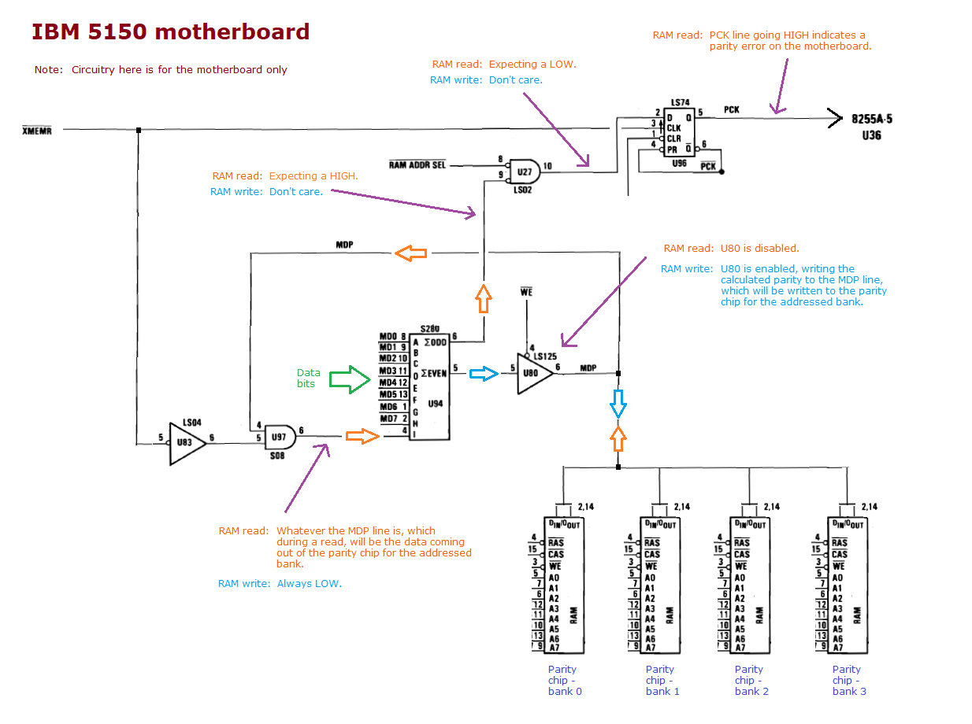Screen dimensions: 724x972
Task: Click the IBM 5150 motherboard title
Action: tap(170, 32)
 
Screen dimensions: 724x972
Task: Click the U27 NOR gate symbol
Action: tap(523, 169)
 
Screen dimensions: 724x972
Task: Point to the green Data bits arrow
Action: tap(349, 380)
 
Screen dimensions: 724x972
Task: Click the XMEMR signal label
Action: tap(36, 131)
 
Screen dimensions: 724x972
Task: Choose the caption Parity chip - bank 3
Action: tap(848, 680)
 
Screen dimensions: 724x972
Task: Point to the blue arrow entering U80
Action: tap(483, 374)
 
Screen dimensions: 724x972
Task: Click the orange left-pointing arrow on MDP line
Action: tap(410, 253)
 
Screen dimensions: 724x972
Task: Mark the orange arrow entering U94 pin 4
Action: tap(362, 435)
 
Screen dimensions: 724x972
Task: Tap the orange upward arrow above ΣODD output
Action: tap(484, 299)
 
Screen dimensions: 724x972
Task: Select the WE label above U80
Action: tap(527, 294)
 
